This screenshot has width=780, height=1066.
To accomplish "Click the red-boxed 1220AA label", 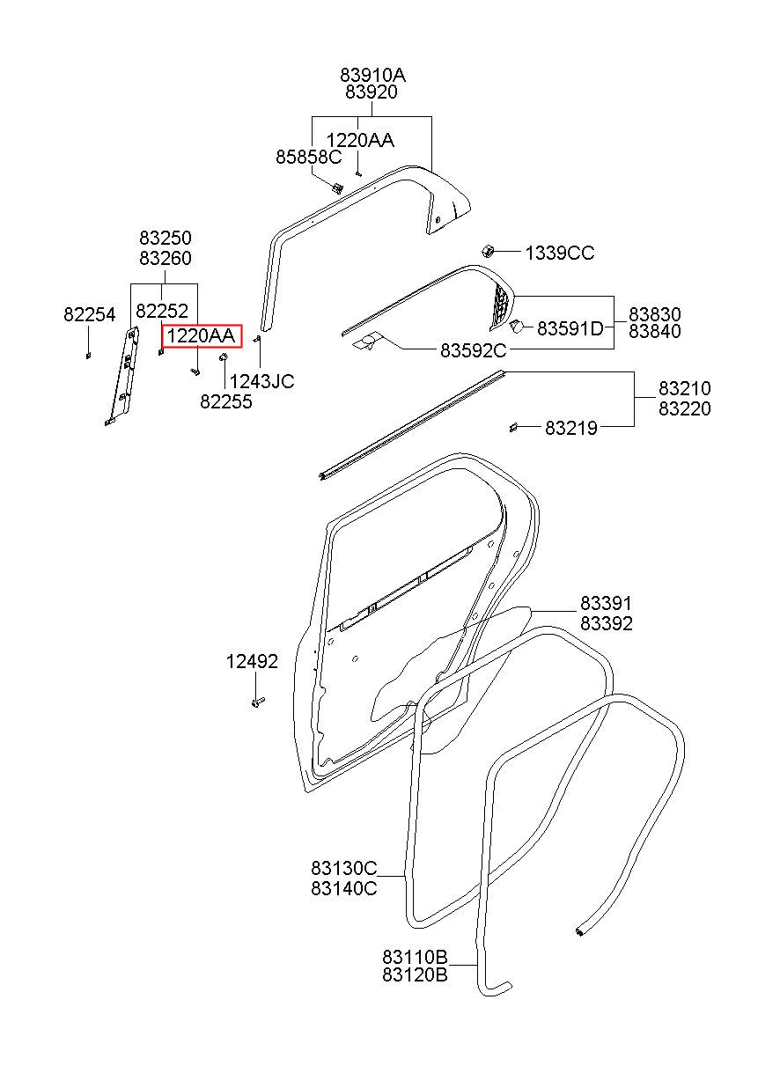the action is [x=202, y=336].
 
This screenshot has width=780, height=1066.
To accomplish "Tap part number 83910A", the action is [x=372, y=75].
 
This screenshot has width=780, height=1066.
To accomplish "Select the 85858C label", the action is [x=309, y=157].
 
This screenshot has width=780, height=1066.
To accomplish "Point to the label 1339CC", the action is [x=560, y=253].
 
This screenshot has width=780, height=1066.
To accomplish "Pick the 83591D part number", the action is [x=570, y=328].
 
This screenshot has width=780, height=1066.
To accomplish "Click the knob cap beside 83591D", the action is [x=516, y=327].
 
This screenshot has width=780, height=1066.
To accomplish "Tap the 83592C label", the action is [x=473, y=350].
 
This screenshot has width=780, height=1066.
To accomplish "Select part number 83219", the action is [x=570, y=428].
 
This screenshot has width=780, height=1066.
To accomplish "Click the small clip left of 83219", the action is [x=513, y=427].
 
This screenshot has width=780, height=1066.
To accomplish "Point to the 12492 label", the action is [x=252, y=661].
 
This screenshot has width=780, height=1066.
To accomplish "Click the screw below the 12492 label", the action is [x=257, y=702].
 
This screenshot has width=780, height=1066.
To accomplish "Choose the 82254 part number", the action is [x=90, y=314].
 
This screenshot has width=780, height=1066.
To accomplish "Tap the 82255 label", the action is [x=226, y=401].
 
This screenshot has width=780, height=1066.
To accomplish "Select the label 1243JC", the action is [x=261, y=381].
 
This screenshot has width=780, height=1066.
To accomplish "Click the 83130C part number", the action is [x=344, y=868].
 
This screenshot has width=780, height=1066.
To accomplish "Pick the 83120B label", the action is [x=415, y=974].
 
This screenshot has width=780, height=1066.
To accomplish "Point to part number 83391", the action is [x=606, y=604].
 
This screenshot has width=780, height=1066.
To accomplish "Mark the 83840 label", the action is [x=655, y=331].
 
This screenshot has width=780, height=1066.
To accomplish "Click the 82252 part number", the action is [x=162, y=311].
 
